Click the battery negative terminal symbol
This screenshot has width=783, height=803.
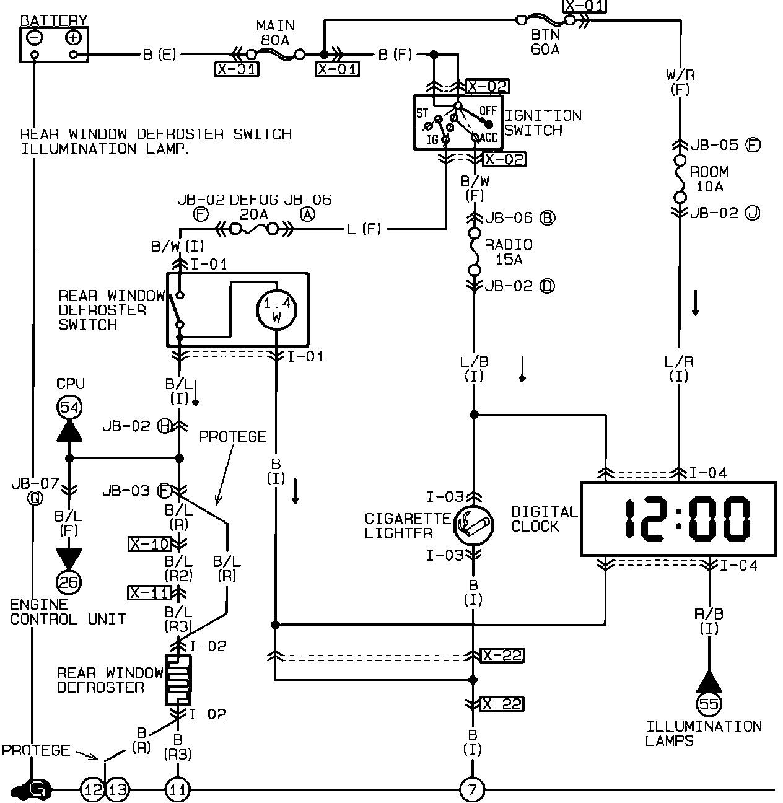click(35, 38)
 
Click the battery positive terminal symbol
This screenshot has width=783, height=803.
click(74, 38)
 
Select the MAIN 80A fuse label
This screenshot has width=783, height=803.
click(276, 33)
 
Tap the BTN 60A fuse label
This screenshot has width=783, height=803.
click(545, 42)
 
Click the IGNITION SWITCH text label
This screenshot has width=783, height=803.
click(543, 123)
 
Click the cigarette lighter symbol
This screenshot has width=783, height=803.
click(473, 525)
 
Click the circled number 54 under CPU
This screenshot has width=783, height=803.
click(69, 407)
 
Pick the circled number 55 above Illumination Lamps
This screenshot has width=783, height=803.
click(709, 703)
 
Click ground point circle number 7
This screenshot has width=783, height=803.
click(472, 790)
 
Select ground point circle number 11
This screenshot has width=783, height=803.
click(177, 790)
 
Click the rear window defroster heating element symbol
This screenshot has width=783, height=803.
click(178, 680)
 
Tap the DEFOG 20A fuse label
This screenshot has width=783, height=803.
click(255, 207)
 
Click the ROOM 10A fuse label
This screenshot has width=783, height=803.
click(709, 178)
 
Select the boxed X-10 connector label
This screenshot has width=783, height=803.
click(149, 544)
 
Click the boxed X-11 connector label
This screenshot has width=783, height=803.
click(149, 593)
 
